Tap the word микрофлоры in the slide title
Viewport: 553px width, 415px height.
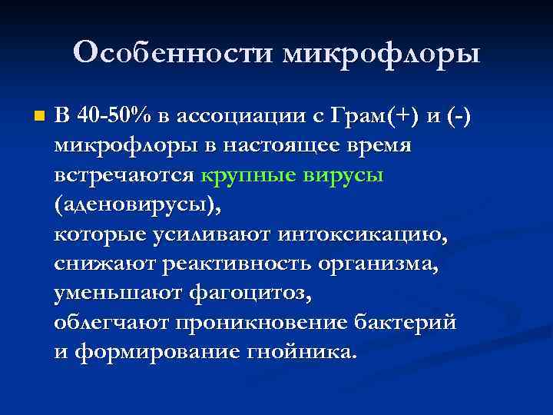coord(382,55)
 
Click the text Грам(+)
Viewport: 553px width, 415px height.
coord(370,116)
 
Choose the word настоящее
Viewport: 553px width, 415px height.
coord(293,145)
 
